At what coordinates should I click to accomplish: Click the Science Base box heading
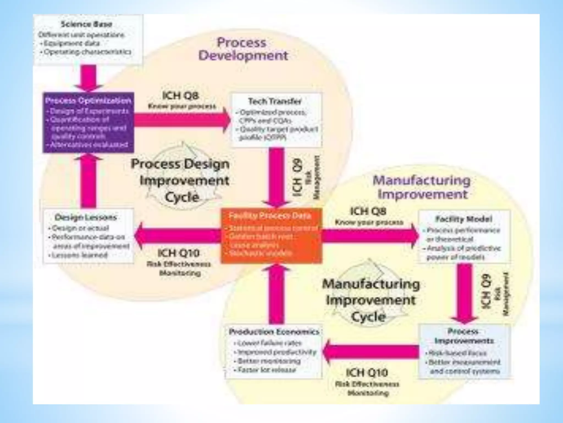pyautogui.click(x=86, y=24)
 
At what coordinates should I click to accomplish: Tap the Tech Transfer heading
pyautogui.click(x=275, y=101)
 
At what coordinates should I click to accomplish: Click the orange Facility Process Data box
pyautogui.click(x=271, y=236)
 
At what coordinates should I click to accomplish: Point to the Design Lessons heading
pyautogui.click(x=86, y=218)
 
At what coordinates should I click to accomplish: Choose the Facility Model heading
pyautogui.click(x=463, y=219)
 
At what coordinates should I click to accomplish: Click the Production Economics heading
pyautogui.click(x=274, y=332)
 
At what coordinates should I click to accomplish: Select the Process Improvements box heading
pyautogui.click(x=464, y=336)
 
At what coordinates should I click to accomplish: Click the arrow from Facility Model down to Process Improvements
pyautogui.click(x=465, y=293)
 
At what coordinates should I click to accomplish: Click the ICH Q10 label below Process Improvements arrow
pyautogui.click(x=367, y=373)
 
